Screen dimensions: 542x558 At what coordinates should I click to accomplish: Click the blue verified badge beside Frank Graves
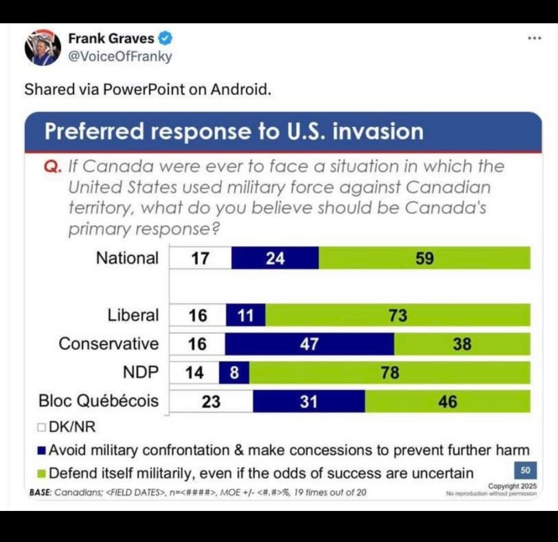(165, 39)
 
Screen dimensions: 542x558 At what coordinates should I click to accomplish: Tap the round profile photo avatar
(43, 48)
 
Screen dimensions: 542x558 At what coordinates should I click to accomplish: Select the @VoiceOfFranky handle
(120, 56)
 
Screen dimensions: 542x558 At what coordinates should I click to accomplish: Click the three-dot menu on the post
(535, 38)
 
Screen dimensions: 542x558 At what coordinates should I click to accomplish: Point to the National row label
(127, 258)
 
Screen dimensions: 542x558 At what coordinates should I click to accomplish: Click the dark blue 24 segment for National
(275, 258)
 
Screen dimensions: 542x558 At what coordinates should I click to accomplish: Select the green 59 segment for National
(424, 258)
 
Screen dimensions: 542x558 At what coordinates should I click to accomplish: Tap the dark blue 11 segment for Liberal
(246, 315)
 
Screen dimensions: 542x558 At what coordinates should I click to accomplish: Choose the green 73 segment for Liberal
(398, 315)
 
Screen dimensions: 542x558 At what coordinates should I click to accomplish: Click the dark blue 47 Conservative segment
(309, 344)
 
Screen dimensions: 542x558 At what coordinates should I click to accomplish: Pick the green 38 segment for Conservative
(462, 344)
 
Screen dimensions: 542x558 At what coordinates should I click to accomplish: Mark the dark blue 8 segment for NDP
(234, 373)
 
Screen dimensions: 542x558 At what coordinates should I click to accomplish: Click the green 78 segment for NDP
(390, 373)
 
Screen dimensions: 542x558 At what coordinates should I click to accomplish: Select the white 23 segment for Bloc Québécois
(211, 401)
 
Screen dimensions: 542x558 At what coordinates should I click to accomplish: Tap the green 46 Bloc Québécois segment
(448, 401)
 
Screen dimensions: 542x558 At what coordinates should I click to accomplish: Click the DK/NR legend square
(41, 428)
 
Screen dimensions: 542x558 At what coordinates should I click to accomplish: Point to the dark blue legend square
(42, 450)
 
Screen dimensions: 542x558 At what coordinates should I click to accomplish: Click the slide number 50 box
(525, 471)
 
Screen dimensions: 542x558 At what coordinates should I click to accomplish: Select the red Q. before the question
(54, 167)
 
